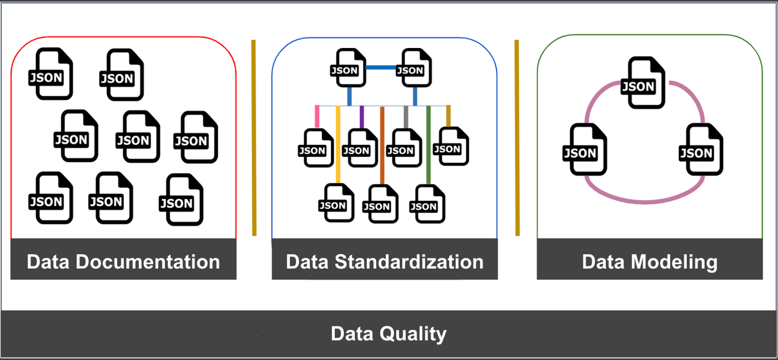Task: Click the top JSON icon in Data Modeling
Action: point(638,83)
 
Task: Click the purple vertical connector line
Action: point(362,117)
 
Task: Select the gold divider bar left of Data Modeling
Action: point(517,137)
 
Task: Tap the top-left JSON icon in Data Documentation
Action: point(50,74)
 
